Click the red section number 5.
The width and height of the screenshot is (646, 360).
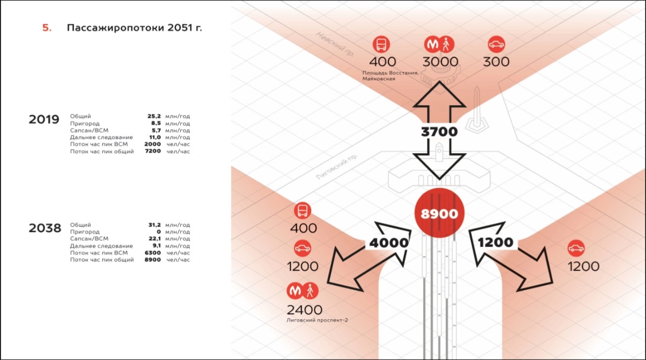pyautogui.click(x=47, y=28)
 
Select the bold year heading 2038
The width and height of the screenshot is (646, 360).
pyautogui.click(x=45, y=228)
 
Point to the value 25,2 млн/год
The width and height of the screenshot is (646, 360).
pyautogui.click(x=154, y=116)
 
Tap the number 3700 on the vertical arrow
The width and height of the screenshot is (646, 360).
pyautogui.click(x=439, y=132)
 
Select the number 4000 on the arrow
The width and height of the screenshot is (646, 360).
pyautogui.click(x=389, y=242)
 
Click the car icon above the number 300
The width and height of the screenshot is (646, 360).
pyautogui.click(x=496, y=44)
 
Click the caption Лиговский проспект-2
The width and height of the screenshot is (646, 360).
pyautogui.click(x=317, y=320)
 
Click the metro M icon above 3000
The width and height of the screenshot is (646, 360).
pyautogui.click(x=432, y=44)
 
